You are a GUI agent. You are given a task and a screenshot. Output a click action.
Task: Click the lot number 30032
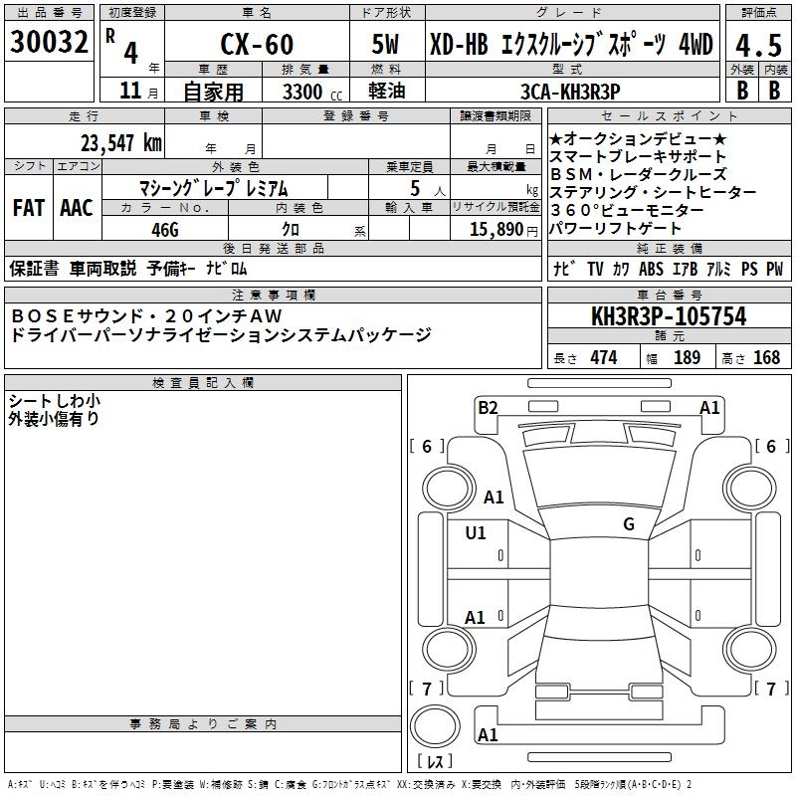(x=49, y=42)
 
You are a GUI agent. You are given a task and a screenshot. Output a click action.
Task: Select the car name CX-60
(x=257, y=44)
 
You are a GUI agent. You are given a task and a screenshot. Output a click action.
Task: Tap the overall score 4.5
(x=758, y=45)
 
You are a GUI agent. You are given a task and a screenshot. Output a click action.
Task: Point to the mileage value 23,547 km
(x=121, y=143)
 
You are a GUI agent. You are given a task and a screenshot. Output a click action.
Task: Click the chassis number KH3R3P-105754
(x=669, y=316)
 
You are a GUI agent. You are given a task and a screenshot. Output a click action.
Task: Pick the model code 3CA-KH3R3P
(x=570, y=92)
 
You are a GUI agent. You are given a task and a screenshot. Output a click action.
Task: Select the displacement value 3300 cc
(x=312, y=93)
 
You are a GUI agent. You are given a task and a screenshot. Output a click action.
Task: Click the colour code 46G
(x=165, y=230)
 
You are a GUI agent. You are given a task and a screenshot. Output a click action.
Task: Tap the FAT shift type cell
(x=29, y=208)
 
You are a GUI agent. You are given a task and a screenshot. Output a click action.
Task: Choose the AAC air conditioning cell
(x=77, y=208)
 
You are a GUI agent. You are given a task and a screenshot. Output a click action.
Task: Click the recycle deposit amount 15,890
(x=497, y=229)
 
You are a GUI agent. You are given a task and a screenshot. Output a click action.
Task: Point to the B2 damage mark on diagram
(x=488, y=408)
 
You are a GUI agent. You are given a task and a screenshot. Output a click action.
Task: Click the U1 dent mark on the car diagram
(x=476, y=532)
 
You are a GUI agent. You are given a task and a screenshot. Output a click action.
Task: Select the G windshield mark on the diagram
(x=629, y=523)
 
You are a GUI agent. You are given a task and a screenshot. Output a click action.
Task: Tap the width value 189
(x=687, y=357)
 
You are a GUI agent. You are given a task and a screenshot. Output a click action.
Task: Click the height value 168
(x=766, y=357)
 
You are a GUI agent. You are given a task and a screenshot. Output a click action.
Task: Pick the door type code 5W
(x=385, y=44)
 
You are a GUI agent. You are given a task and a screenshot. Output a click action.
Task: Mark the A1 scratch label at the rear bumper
(x=488, y=734)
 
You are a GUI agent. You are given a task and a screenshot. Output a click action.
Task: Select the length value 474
(x=604, y=357)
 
